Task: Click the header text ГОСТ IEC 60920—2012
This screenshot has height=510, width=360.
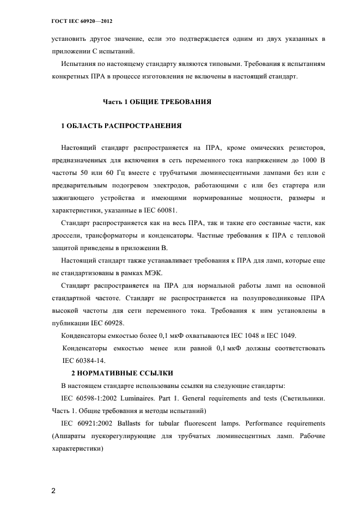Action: pos(78,21)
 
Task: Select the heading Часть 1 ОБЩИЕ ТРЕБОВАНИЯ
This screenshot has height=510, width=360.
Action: pos(157,102)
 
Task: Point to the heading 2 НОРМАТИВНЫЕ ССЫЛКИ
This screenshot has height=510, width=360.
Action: pos(123,373)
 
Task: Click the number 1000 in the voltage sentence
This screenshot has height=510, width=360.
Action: pos(305,160)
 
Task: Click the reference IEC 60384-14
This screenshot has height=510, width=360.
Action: pos(84,360)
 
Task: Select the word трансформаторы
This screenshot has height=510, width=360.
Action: pos(118,235)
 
